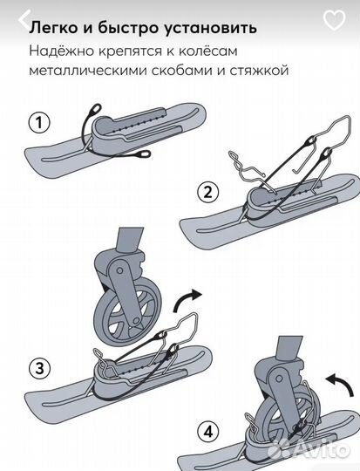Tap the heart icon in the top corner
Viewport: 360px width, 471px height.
(333, 21)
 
